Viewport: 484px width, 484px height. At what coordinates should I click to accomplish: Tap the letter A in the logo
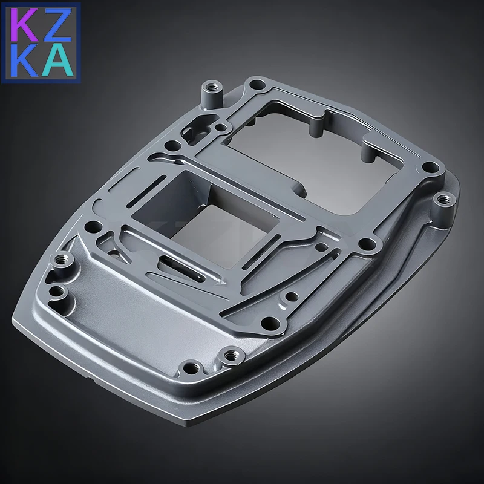(59, 60)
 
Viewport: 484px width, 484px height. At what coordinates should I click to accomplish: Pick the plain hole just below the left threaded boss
(56, 291)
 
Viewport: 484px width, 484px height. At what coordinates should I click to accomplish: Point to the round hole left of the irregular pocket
(174, 145)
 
